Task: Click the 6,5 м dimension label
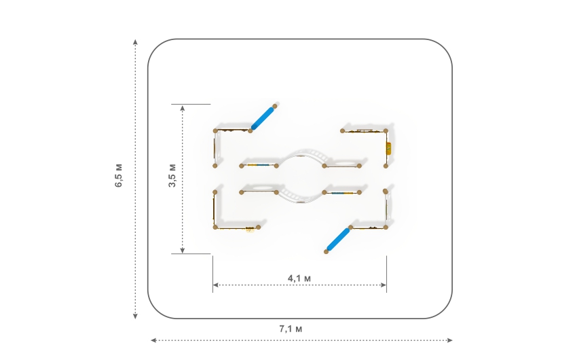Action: (119, 175)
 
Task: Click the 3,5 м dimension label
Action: (172, 175)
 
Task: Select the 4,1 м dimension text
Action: (299, 278)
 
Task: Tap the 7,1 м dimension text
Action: (291, 329)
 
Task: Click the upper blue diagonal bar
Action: (263, 118)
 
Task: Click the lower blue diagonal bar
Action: (338, 240)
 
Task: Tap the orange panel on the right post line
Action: (388, 148)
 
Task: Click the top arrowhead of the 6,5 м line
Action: (135, 41)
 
